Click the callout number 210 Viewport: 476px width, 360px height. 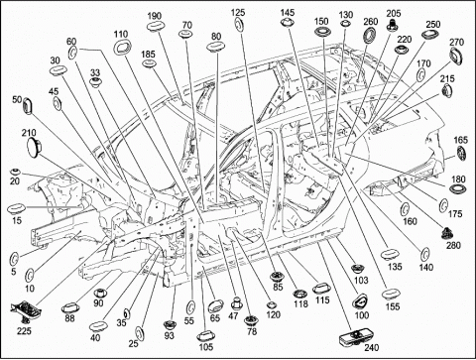[x=29, y=133]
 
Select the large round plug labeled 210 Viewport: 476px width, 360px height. [x=34, y=147]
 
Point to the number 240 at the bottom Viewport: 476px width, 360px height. [x=372, y=348]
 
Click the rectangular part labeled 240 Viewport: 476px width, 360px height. [x=352, y=339]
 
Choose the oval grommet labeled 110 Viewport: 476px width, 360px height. [x=122, y=48]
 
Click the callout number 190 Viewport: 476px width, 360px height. [x=155, y=16]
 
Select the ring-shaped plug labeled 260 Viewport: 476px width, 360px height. [x=370, y=35]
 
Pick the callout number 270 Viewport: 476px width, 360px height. [x=457, y=42]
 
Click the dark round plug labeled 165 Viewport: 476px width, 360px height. [x=461, y=154]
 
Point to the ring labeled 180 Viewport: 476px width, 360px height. [x=458, y=190]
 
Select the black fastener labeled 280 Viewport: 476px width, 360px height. [x=448, y=234]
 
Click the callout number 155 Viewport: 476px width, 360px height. [x=393, y=306]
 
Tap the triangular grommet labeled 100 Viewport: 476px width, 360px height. [x=360, y=301]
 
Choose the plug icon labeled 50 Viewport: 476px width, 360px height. [x=28, y=106]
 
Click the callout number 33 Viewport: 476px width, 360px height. [x=95, y=72]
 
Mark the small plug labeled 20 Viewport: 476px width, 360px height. [x=15, y=172]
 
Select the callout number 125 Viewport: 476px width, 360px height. [x=238, y=12]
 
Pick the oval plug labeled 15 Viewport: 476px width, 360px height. [x=16, y=209]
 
